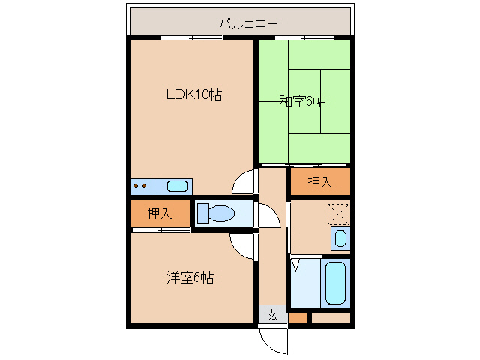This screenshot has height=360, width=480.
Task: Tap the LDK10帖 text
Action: [193, 94]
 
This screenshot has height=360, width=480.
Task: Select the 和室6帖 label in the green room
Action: [304, 101]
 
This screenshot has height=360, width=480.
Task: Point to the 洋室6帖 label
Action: [190, 277]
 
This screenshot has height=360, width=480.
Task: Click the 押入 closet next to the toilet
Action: [159, 213]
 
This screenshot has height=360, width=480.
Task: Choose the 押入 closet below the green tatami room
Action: [320, 182]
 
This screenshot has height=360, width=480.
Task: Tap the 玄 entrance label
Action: [272, 315]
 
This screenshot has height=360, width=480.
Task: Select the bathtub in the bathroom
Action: [335, 283]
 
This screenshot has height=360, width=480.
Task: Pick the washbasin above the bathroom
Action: [340, 239]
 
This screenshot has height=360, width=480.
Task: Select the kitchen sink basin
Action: [177, 186]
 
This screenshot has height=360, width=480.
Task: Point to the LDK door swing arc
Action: [244, 181]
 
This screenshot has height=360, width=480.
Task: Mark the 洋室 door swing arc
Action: [243, 244]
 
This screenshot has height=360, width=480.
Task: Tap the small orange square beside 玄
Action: [298, 318]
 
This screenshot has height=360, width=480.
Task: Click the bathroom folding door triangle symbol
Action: [296, 265]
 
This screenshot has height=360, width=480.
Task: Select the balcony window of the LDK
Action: [192, 37]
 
